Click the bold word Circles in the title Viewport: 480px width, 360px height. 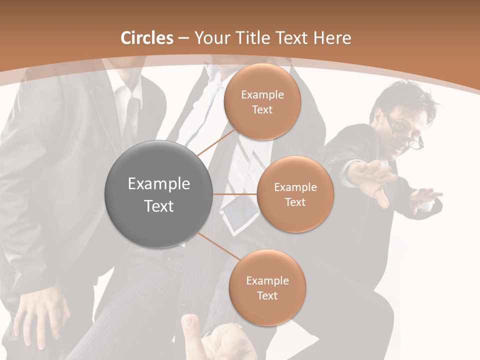[x=147, y=38]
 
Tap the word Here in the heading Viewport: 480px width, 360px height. [x=332, y=38]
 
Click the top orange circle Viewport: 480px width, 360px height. [x=262, y=101]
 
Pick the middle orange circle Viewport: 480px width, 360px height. [x=295, y=194]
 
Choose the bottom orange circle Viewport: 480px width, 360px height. [x=267, y=287]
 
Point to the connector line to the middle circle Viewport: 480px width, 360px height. [x=235, y=194]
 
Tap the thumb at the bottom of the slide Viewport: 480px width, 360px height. [x=189, y=327]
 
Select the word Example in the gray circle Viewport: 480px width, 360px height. [x=159, y=184]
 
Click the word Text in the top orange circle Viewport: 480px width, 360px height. [x=262, y=110]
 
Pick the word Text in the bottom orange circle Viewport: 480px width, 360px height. [x=267, y=296]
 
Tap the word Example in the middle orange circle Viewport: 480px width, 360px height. [x=295, y=187]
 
